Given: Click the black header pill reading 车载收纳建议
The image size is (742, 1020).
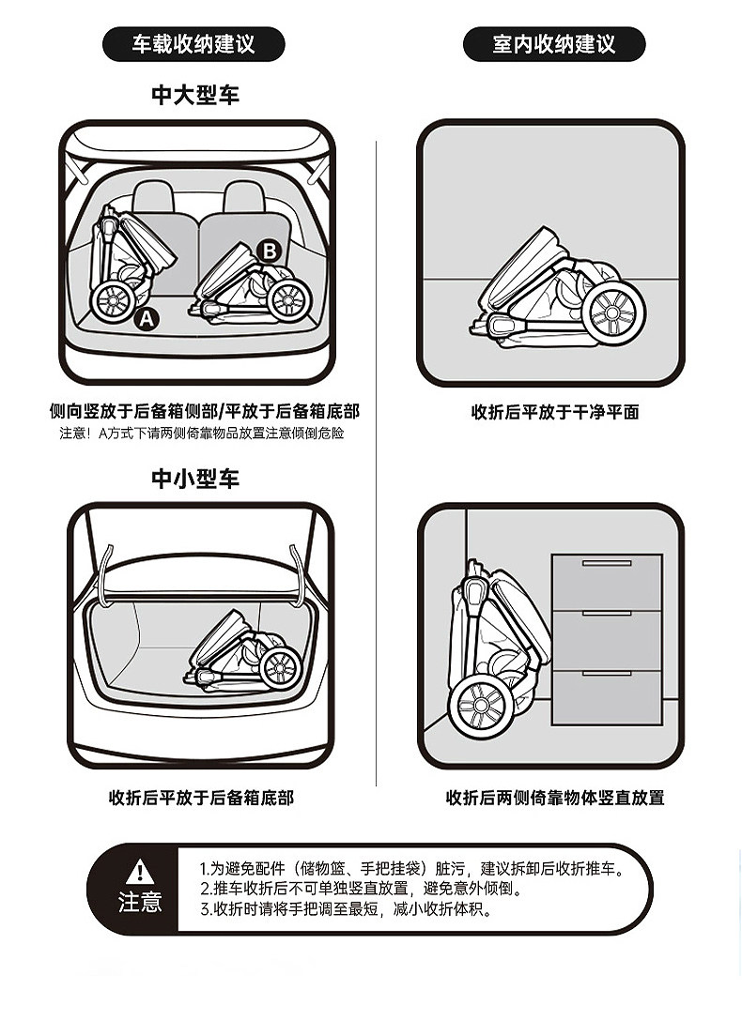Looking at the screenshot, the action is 193,44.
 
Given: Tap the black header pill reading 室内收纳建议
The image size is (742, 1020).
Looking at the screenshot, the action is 554,44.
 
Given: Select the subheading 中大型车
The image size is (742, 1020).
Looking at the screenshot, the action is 195,95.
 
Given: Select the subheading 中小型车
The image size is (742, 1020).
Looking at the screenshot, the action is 195,479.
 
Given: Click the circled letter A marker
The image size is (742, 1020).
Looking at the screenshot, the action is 147,319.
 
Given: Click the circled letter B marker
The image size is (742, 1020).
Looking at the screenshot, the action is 269,251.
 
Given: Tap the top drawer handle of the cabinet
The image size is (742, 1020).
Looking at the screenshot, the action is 607,564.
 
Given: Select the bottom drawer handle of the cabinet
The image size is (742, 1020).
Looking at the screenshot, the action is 607,673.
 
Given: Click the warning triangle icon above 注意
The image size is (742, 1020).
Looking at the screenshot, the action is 140,871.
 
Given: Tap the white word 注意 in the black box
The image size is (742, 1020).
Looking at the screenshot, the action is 140,903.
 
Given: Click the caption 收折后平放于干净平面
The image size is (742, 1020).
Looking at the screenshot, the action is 555,412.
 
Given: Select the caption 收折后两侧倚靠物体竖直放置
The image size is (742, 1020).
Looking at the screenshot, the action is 555,798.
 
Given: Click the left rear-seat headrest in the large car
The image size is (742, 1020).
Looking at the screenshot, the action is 155,197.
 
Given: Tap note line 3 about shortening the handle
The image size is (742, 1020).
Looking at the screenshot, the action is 346,908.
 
